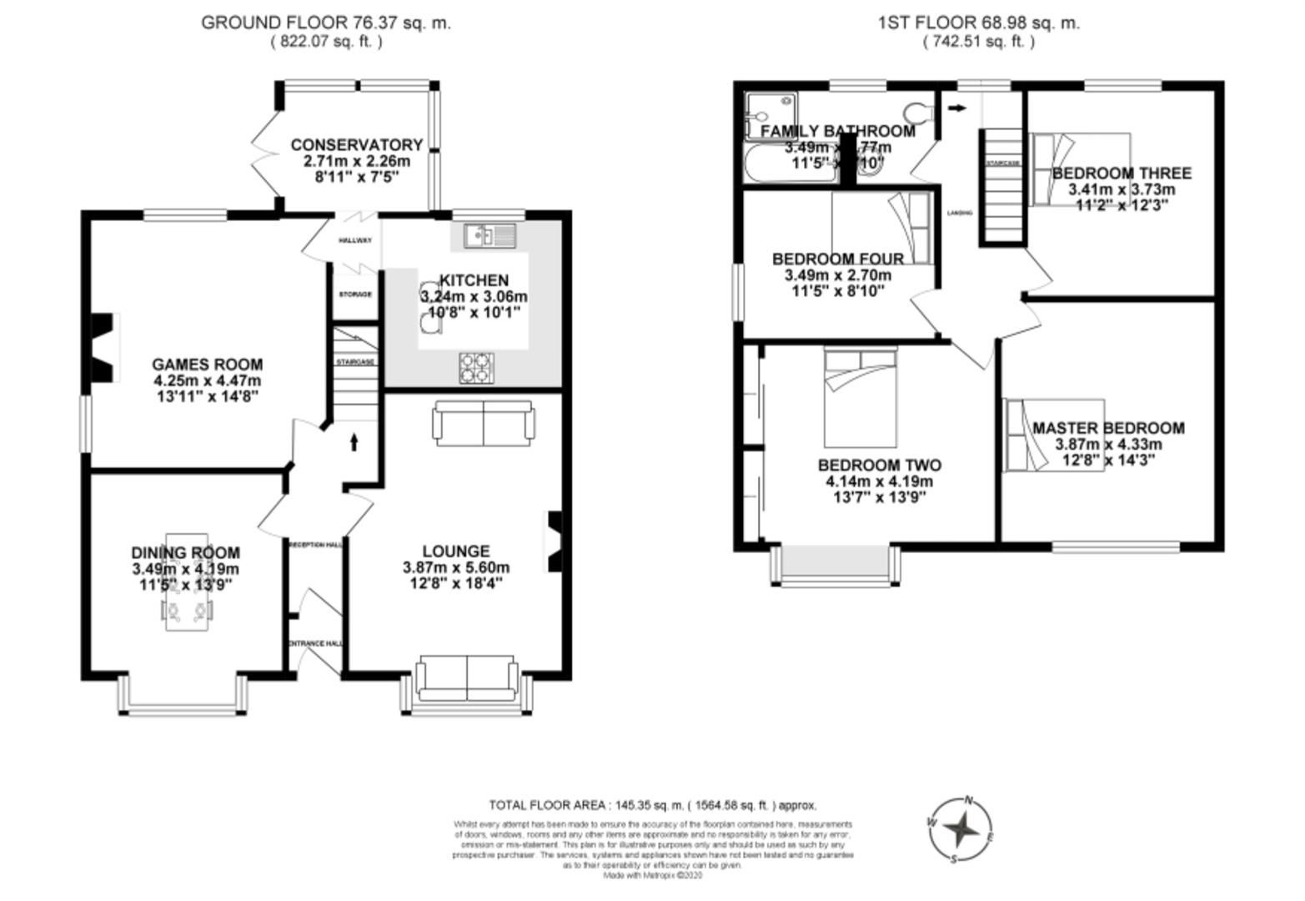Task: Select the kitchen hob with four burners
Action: point(477,368)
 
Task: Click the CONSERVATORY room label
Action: point(356,145)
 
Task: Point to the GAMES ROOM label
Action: point(207,365)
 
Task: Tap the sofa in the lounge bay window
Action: point(466,678)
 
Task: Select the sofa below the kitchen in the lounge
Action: point(482,423)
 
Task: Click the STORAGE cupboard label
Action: point(355,294)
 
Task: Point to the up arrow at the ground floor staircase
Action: point(354,442)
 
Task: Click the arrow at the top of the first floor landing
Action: point(957,108)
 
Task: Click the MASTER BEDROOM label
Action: point(1108,428)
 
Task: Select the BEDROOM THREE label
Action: point(1122,174)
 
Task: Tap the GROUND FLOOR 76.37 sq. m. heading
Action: point(326,23)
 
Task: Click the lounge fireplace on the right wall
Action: point(555,541)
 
